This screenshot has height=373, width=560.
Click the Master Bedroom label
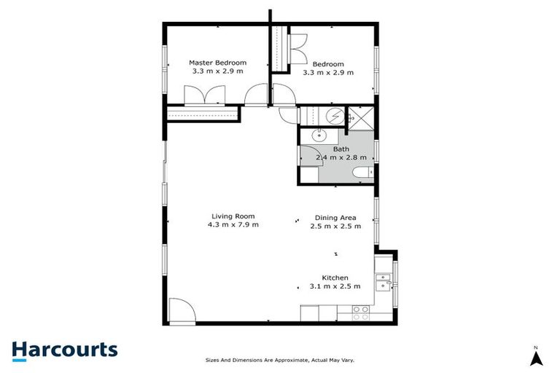(x=217, y=63)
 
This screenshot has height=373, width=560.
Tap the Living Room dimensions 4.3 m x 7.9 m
(x=233, y=224)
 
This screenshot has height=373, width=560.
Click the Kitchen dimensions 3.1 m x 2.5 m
(x=335, y=286)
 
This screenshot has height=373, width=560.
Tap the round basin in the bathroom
(x=319, y=135)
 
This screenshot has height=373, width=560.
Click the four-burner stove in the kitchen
(x=360, y=313)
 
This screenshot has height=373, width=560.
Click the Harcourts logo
(x=64, y=350)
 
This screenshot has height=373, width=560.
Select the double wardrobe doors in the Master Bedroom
(x=206, y=96)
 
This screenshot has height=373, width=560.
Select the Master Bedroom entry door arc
(x=257, y=95)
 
